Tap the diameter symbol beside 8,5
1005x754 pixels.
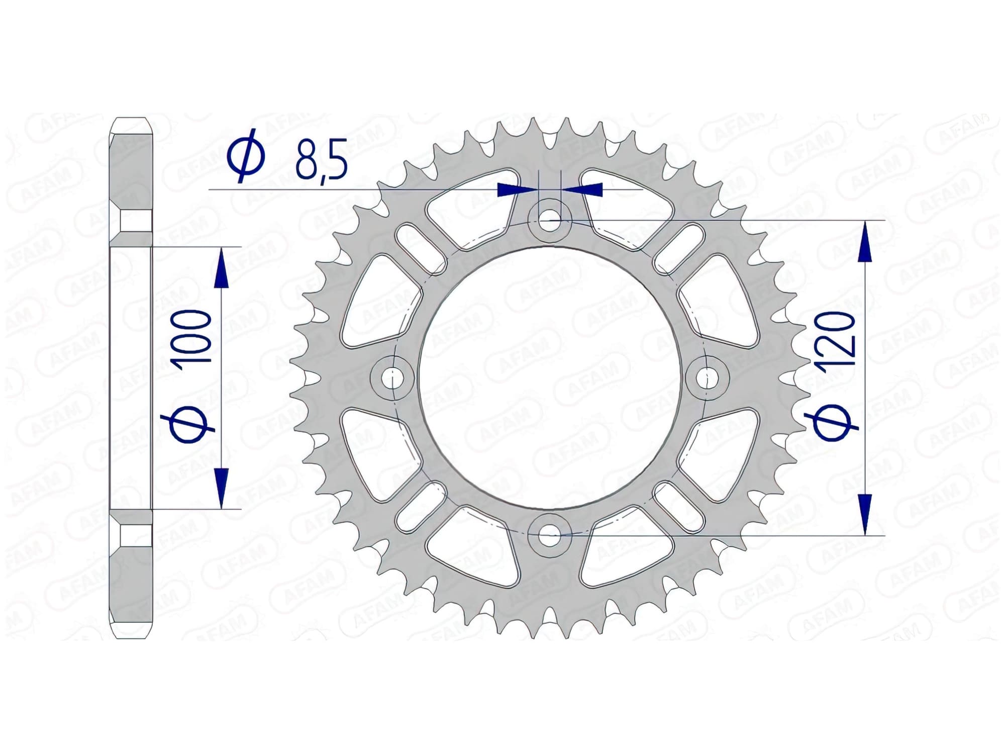246,156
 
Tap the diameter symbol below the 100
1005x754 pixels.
190,425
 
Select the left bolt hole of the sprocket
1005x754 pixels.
392,377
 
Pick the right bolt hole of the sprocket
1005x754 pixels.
708,377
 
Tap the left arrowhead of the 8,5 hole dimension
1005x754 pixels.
515,190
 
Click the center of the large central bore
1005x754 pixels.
550,377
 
